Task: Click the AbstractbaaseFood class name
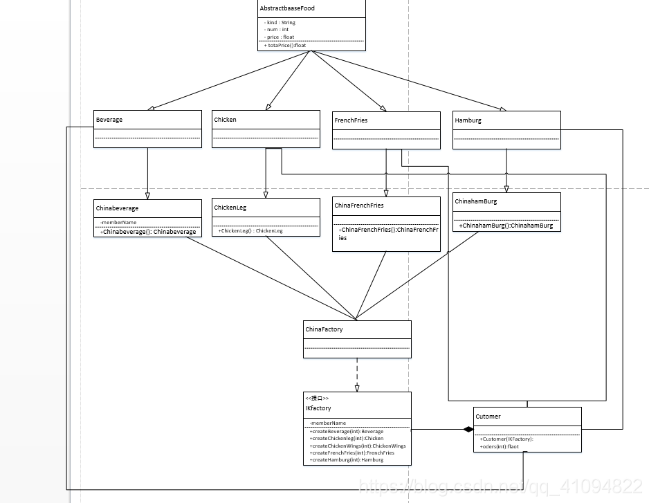tap(286, 8)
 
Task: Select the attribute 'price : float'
tap(280, 37)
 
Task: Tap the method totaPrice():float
tap(285, 46)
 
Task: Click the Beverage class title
tap(109, 120)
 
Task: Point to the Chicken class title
tap(225, 120)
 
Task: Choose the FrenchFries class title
tap(351, 120)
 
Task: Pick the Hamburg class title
tap(468, 120)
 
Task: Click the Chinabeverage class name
tap(118, 208)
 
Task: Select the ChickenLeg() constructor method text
tap(250, 231)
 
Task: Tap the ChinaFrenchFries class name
tap(358, 205)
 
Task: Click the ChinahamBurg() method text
tap(506, 226)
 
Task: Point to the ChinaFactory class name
tap(324, 329)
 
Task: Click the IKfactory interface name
tap(318, 408)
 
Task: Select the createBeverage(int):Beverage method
tap(346, 431)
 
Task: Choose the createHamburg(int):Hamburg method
tap(346, 460)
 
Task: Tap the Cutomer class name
tap(488, 417)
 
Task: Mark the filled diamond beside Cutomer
tap(468, 430)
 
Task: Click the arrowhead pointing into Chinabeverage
tap(147, 196)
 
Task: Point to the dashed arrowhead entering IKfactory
tap(357, 388)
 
